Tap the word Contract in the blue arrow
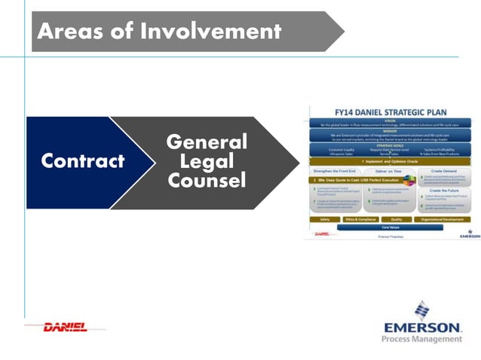(82, 161)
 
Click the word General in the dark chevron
(206, 142)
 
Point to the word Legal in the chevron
(206, 161)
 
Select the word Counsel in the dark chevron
(206, 182)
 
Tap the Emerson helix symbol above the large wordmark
(422, 310)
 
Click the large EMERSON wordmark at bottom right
(422, 328)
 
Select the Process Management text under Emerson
(422, 340)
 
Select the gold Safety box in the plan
(325, 219)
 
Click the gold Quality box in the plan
(396, 219)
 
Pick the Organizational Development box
(443, 219)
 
